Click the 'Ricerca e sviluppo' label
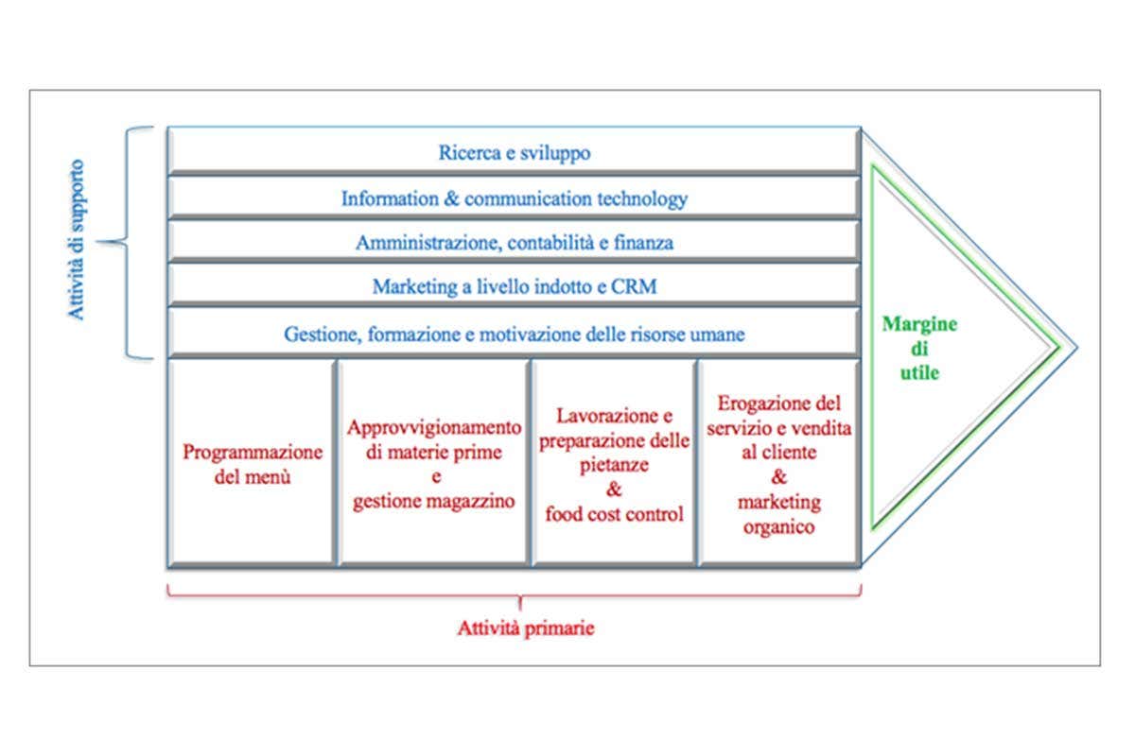click(x=515, y=153)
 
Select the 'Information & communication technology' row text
click(x=515, y=199)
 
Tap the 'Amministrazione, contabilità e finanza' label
click(x=515, y=243)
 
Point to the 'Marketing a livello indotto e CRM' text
click(x=515, y=286)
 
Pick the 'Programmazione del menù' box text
click(x=253, y=464)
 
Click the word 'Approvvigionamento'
click(x=434, y=427)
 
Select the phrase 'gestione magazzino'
click(x=434, y=502)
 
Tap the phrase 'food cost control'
click(x=614, y=515)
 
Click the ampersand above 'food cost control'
click(x=614, y=490)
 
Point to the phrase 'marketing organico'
click(x=778, y=514)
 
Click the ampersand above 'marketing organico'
click(x=778, y=477)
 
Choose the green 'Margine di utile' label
click(x=919, y=348)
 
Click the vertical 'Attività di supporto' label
click(x=79, y=240)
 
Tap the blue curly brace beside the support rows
click(x=132, y=243)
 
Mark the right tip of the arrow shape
click(x=1075, y=345)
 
